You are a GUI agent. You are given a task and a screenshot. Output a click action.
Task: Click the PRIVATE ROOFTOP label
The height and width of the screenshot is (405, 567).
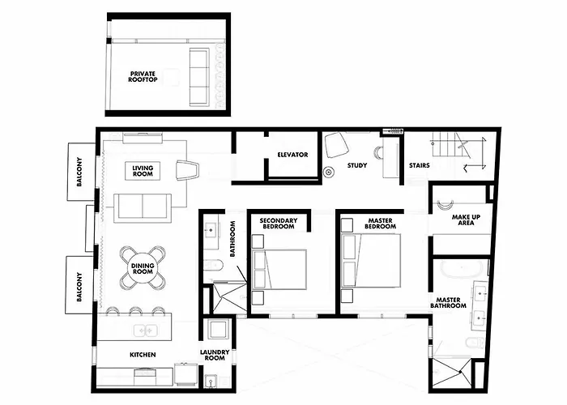[x=143, y=77]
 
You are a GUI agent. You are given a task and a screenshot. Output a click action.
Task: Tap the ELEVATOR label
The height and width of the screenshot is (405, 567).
[x=292, y=155]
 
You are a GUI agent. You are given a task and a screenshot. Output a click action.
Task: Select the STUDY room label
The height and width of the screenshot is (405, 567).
[x=357, y=165]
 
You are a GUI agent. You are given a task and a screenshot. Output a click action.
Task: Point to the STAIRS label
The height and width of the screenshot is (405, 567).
[x=419, y=165]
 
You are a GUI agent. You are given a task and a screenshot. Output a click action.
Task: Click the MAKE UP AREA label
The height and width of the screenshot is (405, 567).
[x=466, y=220]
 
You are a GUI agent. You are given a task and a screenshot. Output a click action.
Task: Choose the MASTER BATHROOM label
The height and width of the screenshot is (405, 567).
[x=448, y=303]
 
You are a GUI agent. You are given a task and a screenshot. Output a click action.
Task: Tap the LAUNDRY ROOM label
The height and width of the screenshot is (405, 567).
[x=215, y=355]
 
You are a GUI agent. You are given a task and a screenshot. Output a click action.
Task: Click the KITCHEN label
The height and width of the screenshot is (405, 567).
[x=143, y=355]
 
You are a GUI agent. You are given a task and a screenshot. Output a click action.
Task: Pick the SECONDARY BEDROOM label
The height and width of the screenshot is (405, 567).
[x=279, y=224]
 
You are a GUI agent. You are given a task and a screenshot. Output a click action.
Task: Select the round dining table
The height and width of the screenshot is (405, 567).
[x=143, y=268]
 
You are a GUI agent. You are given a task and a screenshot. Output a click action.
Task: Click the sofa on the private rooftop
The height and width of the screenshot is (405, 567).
[x=199, y=77]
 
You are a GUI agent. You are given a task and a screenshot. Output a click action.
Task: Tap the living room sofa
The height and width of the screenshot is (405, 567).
[x=143, y=208]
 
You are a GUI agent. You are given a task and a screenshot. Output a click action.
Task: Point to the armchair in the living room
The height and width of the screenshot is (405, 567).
[x=188, y=169]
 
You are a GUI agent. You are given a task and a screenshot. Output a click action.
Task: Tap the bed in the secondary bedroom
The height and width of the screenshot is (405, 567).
[x=279, y=270]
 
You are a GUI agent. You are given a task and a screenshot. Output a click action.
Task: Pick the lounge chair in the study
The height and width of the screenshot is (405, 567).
[x=337, y=145]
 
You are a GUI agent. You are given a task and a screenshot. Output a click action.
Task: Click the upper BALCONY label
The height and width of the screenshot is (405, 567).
[x=79, y=172]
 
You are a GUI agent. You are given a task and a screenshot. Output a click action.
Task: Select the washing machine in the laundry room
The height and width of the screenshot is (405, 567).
[x=219, y=329]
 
